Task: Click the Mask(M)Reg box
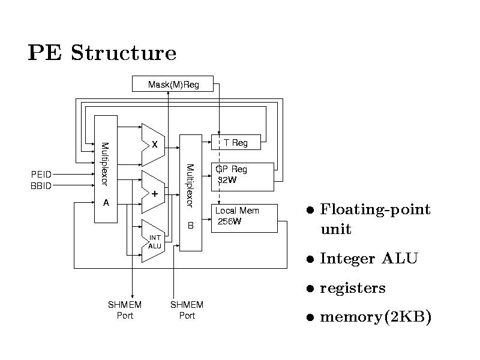(173, 85)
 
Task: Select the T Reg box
(236, 142)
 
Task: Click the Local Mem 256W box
(245, 218)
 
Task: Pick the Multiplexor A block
(106, 169)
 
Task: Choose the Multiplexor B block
(190, 193)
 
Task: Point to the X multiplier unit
(153, 145)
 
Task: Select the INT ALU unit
(153, 241)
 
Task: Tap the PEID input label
(41, 174)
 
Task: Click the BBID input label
(41, 185)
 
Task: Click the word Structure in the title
(124, 54)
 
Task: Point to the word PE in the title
(45, 54)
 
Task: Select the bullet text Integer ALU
(369, 259)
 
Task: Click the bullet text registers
(353, 288)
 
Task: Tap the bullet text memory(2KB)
(376, 317)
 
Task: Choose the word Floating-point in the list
(376, 209)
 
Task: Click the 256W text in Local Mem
(229, 222)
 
